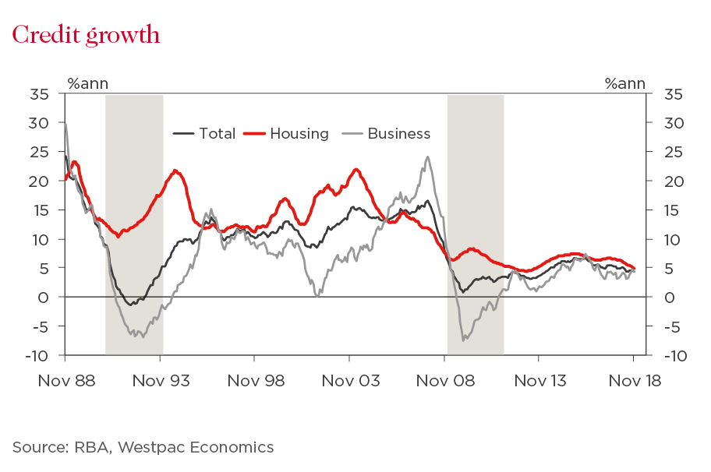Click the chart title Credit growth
tap(86, 36)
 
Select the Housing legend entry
tap(299, 133)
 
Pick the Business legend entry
tap(398, 133)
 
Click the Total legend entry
tap(217, 133)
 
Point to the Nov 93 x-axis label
tap(159, 381)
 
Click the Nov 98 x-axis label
tap(254, 381)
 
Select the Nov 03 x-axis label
tap(349, 381)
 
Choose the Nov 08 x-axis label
tap(444, 381)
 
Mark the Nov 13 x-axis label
tap(539, 381)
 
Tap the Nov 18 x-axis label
tap(634, 381)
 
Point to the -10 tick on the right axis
tap(674, 356)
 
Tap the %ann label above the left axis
tap(88, 83)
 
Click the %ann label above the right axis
tap(624, 83)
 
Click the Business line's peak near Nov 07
tap(427, 157)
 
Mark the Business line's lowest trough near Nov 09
tap(465, 340)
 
